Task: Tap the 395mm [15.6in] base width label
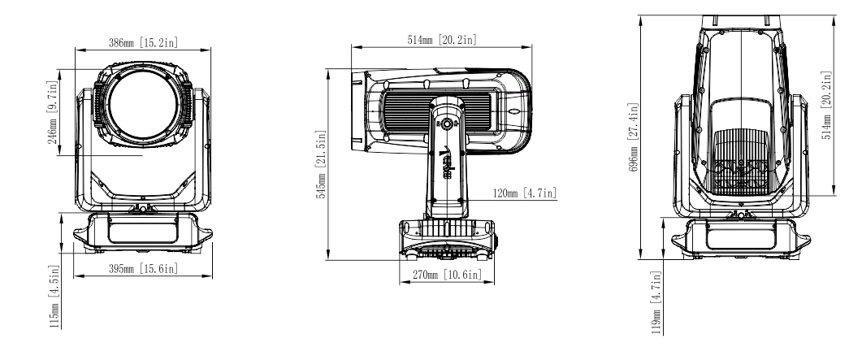[x=143, y=268]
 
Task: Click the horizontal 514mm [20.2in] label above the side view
[x=442, y=37]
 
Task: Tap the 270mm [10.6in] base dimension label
[x=448, y=275]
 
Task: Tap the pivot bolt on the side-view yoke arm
[x=446, y=124]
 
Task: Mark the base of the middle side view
[x=447, y=239]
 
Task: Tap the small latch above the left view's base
[x=143, y=210]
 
